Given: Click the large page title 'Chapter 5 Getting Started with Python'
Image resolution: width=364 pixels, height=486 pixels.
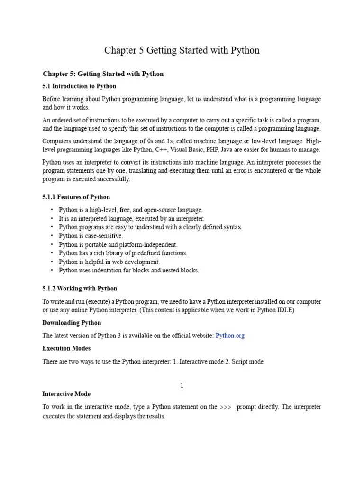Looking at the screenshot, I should pos(182,50).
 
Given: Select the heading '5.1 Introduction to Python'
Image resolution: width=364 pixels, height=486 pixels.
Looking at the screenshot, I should pos(79,86).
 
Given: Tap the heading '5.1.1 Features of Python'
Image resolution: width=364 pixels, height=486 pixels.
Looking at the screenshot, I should pos(76,197).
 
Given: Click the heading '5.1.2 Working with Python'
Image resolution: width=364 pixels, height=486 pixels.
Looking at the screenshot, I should pos(80,289).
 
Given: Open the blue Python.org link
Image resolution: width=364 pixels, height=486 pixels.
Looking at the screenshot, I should pos(230,336).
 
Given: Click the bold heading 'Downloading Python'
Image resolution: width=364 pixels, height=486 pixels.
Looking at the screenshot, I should pos(72,323).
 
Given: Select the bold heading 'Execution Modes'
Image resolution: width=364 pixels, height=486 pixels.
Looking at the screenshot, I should pos(67,348).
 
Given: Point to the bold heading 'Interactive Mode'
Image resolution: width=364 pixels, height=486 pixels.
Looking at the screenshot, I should pos(66,394).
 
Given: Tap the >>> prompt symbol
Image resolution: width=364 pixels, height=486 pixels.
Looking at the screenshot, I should pos(226,407).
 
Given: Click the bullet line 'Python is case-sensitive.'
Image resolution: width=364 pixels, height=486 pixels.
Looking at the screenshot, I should pos(91,236).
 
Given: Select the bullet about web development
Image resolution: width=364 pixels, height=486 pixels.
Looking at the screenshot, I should pos(109,262).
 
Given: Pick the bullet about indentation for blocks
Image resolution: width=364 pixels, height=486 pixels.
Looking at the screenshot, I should pos(129,271).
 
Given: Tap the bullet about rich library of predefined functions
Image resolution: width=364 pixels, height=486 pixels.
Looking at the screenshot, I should pos(123,253).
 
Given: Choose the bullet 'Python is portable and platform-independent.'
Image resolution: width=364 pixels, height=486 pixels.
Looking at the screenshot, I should pos(118,245).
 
